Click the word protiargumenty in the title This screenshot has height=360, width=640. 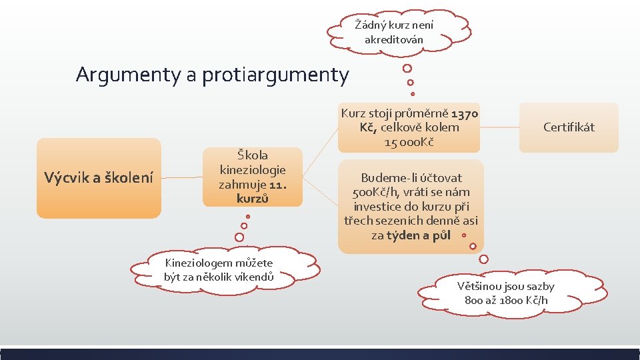(274, 75)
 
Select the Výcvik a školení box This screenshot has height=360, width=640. (99, 178)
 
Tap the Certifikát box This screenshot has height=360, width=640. (569, 127)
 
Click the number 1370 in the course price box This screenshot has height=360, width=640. (465, 113)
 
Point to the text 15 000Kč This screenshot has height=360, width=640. (409, 141)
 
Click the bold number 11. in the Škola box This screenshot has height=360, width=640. (277, 185)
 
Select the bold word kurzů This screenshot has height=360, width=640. (253, 199)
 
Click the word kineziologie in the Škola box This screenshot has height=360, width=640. (253, 170)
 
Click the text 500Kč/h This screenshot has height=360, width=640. (375, 192)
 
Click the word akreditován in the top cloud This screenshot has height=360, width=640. (394, 40)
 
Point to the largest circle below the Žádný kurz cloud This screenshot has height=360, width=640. (407, 68)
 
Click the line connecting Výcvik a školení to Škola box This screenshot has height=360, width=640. (182, 178)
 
